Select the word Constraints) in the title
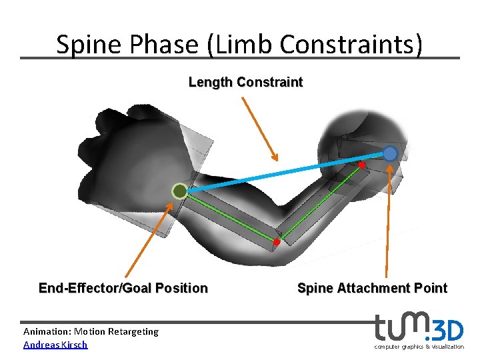pyautogui.click(x=351, y=45)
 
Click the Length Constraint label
pyautogui.click(x=245, y=83)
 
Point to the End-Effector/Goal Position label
pyautogui.click(x=123, y=288)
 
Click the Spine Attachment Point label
pyautogui.click(x=372, y=288)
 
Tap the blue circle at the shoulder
pyautogui.click(x=390, y=154)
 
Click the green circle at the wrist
pyautogui.click(x=179, y=192)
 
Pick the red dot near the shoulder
pyautogui.click(x=361, y=164)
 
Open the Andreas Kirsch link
pyautogui.click(x=55, y=345)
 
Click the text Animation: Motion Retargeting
pyautogui.click(x=91, y=331)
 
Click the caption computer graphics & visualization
pyautogui.click(x=419, y=347)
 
